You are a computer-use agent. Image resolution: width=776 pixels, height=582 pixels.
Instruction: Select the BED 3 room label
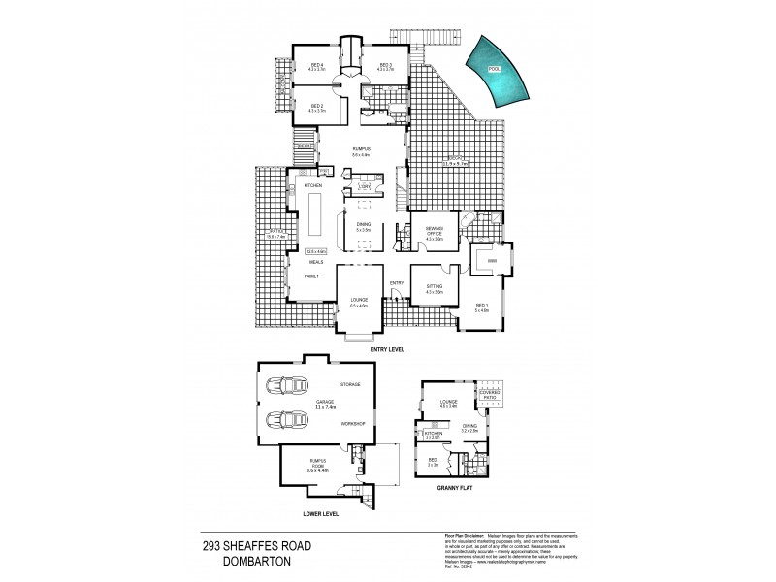click(385, 66)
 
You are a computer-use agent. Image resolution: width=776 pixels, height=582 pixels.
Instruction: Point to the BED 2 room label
click(316, 109)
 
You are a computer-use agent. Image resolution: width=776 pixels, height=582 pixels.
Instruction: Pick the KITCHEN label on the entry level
click(312, 185)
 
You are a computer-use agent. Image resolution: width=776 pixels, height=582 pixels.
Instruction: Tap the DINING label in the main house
click(363, 225)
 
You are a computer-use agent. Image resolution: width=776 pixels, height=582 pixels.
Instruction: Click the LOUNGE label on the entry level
click(359, 300)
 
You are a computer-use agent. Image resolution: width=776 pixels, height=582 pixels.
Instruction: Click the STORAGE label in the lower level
click(350, 384)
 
